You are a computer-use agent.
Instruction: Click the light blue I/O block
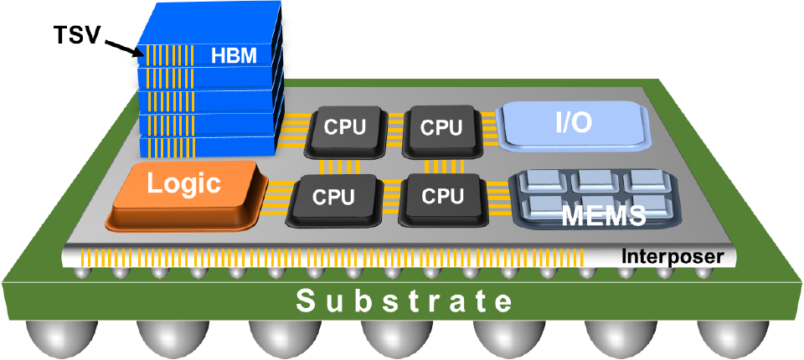pos(573,124)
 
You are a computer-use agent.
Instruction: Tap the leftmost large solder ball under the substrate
pos(51,339)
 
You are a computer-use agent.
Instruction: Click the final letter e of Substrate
pos(500,301)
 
